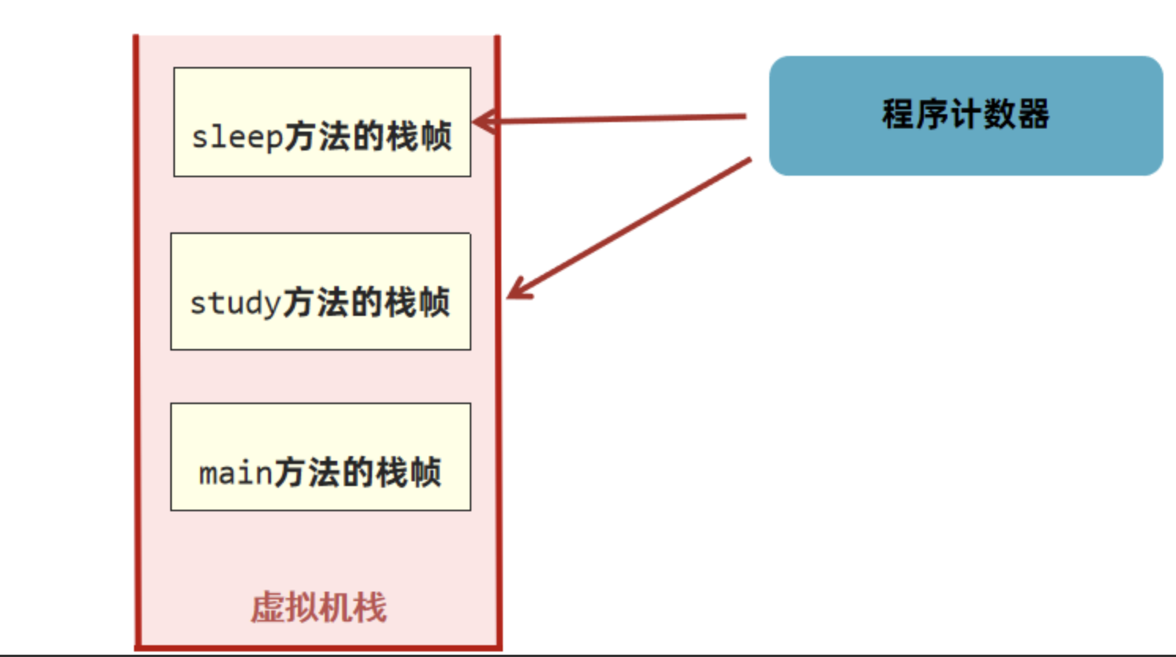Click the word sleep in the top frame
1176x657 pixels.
click(x=236, y=137)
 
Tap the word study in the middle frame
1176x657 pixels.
click(x=235, y=303)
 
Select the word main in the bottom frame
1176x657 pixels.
click(x=235, y=473)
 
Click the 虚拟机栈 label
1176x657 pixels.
click(x=319, y=608)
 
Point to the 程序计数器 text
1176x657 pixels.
click(x=966, y=114)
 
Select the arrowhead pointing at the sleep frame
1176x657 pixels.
click(x=482, y=122)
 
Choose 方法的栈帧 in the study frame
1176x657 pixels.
click(x=367, y=303)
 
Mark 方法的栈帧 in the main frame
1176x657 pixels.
click(x=357, y=473)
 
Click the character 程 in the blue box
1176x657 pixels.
click(x=899, y=114)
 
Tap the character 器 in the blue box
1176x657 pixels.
click(x=1033, y=114)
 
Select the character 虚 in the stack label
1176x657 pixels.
click(x=267, y=608)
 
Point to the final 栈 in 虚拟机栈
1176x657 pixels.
click(x=370, y=608)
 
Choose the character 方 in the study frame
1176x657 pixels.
click(x=298, y=303)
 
